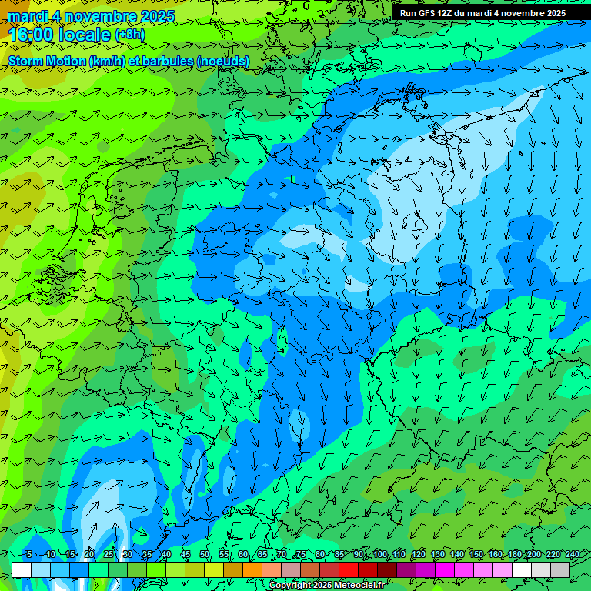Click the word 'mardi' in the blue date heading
tap(26, 16)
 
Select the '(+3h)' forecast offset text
tap(129, 35)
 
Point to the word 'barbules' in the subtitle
tap(167, 61)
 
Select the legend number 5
tap(28, 555)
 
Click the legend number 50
tap(205, 555)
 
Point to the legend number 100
tap(379, 555)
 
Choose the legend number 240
tap(572, 555)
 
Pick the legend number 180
tap(514, 555)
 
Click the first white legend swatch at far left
tap(22, 569)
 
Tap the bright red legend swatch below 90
tap(349, 569)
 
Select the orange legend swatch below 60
tap(233, 569)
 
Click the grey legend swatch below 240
tap(560, 569)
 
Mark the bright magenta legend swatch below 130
tap(445, 569)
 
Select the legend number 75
tap(301, 555)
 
